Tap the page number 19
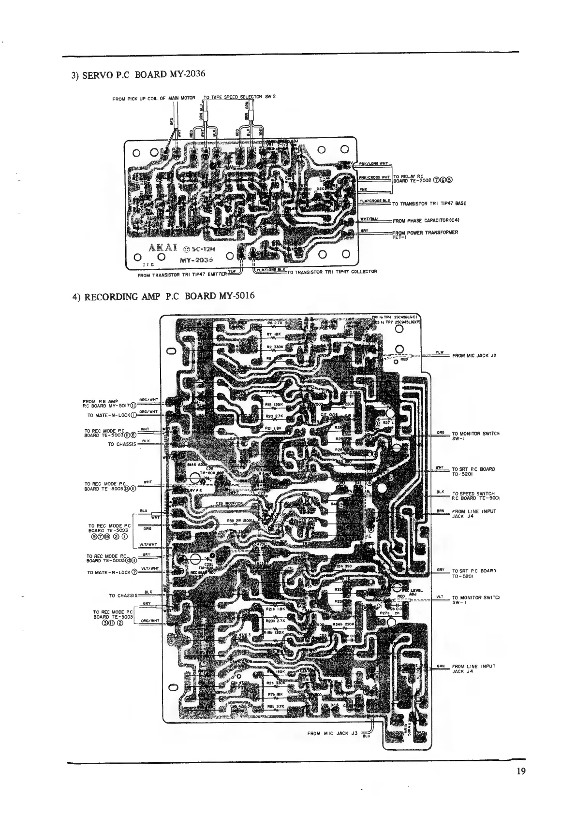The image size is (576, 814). (x=520, y=771)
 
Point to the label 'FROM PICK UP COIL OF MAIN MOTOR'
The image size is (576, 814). (x=153, y=99)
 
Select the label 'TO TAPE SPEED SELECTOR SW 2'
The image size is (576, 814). (x=239, y=97)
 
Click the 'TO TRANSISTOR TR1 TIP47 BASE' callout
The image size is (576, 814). (x=429, y=203)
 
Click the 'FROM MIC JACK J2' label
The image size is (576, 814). (x=474, y=356)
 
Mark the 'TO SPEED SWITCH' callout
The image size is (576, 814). (x=474, y=495)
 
